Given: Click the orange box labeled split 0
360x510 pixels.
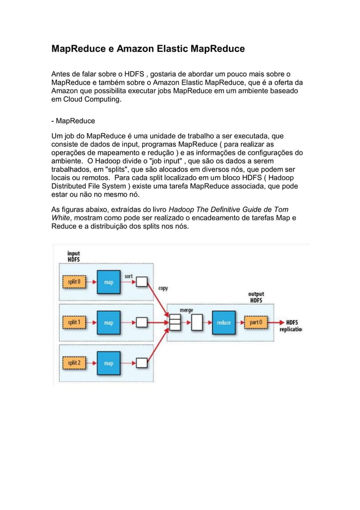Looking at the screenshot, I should point(74,281).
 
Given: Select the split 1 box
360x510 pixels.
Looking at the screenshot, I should point(74,322).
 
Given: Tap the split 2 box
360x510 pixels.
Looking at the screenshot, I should point(74,363).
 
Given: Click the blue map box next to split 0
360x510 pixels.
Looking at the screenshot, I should point(108,281).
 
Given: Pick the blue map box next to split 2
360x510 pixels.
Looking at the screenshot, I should point(108,363).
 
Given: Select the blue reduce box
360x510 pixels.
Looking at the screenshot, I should point(223,322).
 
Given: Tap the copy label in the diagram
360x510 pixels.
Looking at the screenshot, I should point(163,288).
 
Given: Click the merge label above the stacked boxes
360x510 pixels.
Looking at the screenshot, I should point(186,310).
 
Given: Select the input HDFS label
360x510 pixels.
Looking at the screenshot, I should point(73,256).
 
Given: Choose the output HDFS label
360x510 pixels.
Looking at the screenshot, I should point(256,297).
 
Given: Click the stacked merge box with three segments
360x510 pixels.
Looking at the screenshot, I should point(174,322).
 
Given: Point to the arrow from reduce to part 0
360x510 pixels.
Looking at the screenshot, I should point(241,322).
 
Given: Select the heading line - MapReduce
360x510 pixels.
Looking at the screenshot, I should point(73,121).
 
